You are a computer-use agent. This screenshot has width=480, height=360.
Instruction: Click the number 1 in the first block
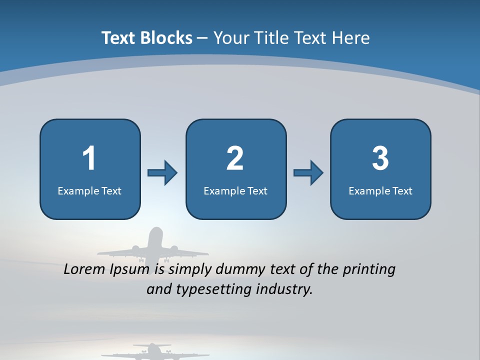[x=89, y=158]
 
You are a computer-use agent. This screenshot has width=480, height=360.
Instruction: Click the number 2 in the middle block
[x=235, y=158]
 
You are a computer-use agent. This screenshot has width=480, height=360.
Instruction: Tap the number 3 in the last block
[x=380, y=158]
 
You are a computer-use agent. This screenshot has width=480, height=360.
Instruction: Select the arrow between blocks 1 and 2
[x=162, y=173]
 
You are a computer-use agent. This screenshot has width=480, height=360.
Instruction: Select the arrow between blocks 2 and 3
[x=308, y=173]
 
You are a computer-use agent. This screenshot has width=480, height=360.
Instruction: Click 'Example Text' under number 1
[x=89, y=190]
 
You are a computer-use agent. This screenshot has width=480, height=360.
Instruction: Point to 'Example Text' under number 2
[x=235, y=190]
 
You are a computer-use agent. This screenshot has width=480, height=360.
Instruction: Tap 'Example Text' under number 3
[x=380, y=190]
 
